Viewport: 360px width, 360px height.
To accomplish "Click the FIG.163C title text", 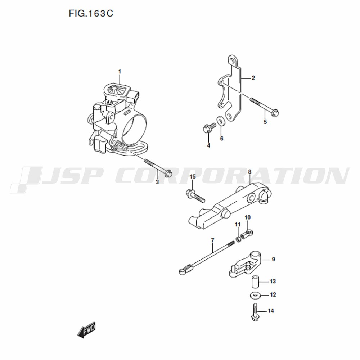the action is coord(91,14).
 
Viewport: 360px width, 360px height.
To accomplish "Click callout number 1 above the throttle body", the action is coord(120,72).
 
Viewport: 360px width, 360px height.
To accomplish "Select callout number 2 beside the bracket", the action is coord(253,78).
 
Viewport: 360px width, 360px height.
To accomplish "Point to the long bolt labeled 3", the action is coord(158,167).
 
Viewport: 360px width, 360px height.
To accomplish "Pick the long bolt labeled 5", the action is coord(265,106).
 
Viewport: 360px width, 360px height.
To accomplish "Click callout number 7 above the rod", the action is coord(212,240).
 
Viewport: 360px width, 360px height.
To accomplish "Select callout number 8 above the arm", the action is coord(249,172).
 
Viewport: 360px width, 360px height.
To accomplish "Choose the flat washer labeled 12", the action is coord(255,295).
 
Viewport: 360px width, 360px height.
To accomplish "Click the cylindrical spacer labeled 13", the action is coord(255,282).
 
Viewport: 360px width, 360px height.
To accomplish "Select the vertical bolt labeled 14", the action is coord(255,312).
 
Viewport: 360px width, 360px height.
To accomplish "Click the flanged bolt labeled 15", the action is coord(195,195).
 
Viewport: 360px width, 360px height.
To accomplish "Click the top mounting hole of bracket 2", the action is coord(233,61).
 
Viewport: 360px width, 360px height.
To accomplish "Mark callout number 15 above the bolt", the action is coord(193,176).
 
